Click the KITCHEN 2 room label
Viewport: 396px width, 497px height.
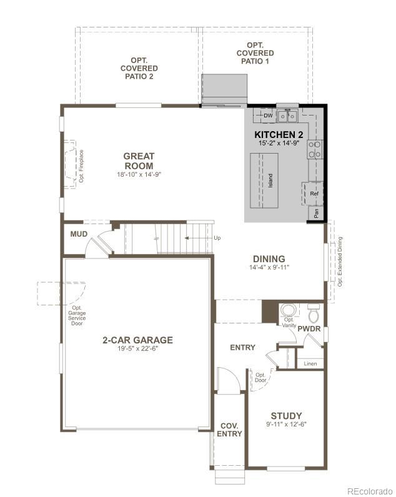(279, 134)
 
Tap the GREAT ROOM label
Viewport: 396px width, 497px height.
(138, 161)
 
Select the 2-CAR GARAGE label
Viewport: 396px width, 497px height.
(137, 340)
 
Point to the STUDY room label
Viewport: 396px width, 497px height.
(286, 415)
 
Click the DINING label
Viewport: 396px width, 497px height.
(269, 258)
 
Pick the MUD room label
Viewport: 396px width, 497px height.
(78, 235)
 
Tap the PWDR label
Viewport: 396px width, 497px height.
(309, 328)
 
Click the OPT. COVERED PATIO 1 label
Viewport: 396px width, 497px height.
(255, 53)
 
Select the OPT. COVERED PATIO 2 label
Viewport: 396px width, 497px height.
(139, 68)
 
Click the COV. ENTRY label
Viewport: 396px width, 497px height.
(229, 430)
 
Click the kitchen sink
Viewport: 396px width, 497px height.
(287, 116)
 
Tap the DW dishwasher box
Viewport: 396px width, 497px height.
(268, 116)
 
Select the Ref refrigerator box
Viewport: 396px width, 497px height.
(314, 194)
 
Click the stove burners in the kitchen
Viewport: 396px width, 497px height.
(314, 149)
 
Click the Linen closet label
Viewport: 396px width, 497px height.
(310, 363)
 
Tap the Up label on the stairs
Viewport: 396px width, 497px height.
(217, 238)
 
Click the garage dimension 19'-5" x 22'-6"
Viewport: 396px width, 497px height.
(137, 349)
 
